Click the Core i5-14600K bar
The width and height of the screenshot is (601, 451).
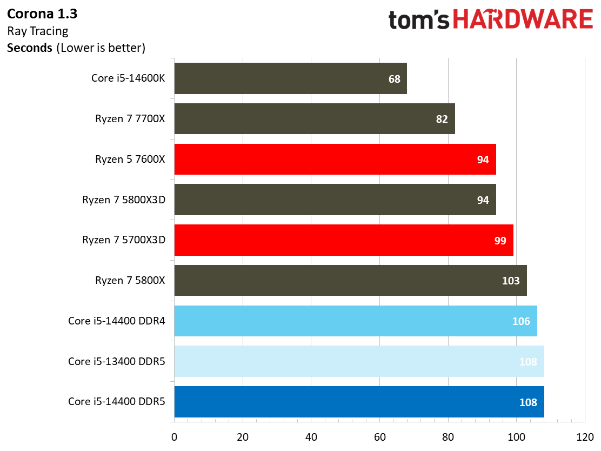290,78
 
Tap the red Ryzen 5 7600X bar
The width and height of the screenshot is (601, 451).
335,159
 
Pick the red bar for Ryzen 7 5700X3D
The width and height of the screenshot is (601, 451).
344,240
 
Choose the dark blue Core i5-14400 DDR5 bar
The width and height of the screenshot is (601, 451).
359,402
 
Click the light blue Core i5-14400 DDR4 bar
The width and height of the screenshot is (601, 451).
356,321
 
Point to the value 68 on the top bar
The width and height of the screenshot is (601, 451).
395,79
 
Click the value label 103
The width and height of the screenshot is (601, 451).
511,281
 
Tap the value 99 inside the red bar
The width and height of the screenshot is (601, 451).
500,240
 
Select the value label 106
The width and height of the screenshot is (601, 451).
521,321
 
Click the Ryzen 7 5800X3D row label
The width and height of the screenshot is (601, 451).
123,200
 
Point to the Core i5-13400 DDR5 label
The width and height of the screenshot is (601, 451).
116,361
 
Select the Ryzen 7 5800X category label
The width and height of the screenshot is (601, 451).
130,280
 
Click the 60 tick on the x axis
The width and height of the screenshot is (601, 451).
379,436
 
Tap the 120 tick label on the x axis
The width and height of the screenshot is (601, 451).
585,436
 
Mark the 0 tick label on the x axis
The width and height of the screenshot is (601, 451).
174,436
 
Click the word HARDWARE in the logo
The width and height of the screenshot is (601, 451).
523,20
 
